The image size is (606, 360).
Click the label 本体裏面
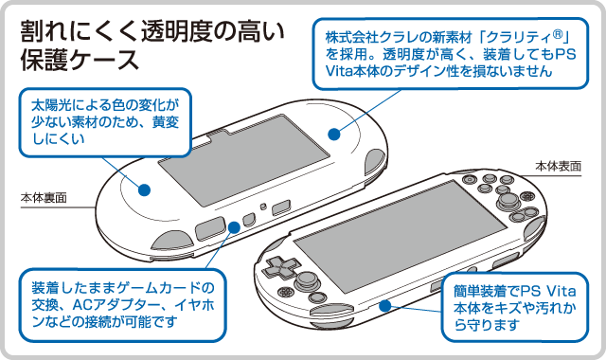(x=44, y=198)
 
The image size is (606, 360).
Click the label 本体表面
(x=558, y=167)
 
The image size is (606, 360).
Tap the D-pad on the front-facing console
(x=281, y=266)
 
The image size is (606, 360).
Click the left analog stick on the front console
(x=306, y=279)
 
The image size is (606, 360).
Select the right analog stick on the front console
(x=506, y=200)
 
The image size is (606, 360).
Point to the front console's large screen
(x=400, y=236)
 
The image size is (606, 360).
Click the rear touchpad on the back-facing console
(x=244, y=159)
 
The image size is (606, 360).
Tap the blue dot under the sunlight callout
(x=144, y=189)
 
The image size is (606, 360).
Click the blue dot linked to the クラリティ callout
(x=334, y=135)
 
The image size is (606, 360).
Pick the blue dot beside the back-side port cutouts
(x=234, y=227)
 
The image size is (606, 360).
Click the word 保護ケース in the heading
(x=80, y=60)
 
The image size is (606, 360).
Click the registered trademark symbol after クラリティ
(x=557, y=35)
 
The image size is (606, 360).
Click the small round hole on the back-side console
(x=263, y=207)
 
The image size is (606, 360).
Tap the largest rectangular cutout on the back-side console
(x=210, y=228)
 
